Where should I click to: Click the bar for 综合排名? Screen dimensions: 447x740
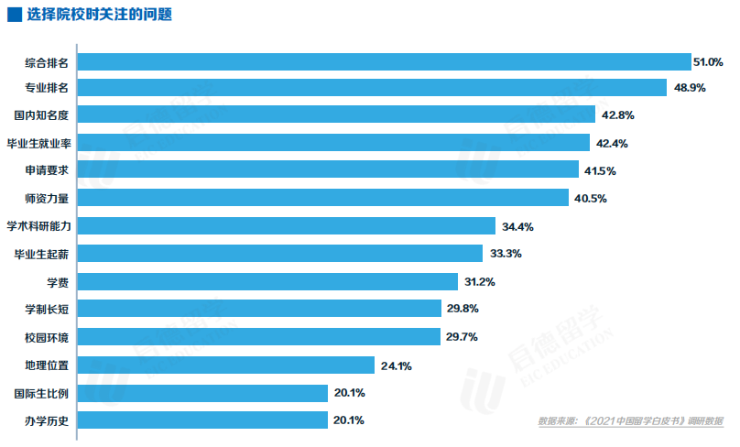384,61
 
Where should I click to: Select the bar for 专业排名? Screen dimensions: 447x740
372,87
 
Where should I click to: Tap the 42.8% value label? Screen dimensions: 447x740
617,115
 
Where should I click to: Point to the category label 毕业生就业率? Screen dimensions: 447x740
39,143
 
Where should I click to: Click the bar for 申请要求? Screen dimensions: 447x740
329,170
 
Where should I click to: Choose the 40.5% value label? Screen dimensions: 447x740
591,198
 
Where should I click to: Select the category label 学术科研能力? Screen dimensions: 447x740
39,226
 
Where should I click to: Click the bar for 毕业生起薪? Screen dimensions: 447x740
280,254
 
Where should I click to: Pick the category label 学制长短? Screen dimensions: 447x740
47,310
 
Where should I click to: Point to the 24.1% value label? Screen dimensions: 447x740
397,366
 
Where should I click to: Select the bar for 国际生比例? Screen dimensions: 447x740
203,393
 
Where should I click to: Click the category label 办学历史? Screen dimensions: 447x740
47,420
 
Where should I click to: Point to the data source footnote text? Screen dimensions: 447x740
630,421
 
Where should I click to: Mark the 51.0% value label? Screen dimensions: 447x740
709,62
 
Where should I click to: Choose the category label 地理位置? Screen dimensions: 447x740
47,365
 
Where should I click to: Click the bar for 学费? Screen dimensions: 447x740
268,281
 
